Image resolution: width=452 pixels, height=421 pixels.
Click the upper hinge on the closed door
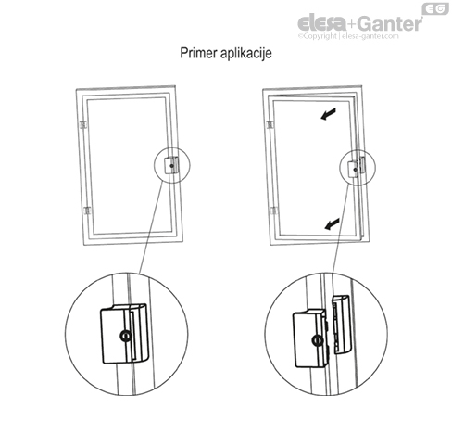point(85,122)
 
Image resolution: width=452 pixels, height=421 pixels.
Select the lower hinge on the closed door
point(85,211)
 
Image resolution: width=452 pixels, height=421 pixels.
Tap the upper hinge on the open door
point(271,122)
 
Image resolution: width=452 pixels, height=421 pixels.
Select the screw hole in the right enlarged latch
point(317,340)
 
